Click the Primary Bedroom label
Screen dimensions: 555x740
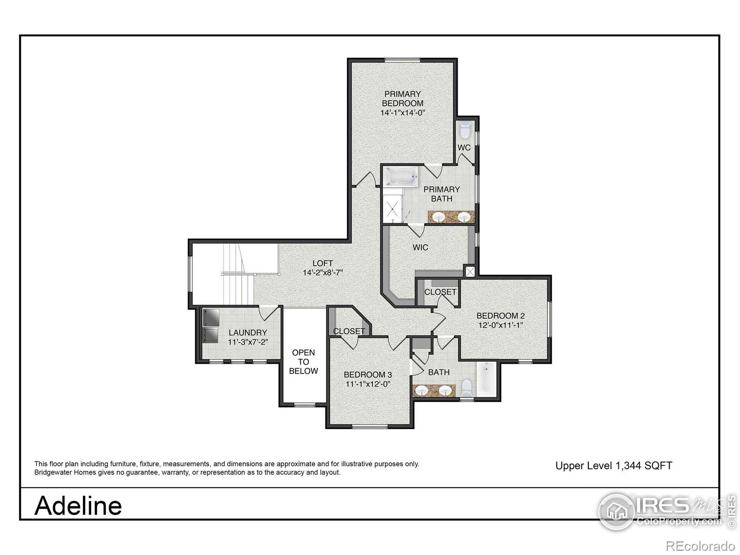(402, 99)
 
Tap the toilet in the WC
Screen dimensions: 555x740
(464, 129)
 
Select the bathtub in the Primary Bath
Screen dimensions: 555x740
(400, 177)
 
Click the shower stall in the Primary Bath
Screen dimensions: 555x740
(394, 209)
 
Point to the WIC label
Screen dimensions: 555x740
(420, 247)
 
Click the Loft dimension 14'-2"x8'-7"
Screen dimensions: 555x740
(322, 273)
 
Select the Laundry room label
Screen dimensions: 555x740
(247, 333)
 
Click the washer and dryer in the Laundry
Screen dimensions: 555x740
(210, 326)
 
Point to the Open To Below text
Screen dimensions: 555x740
(303, 362)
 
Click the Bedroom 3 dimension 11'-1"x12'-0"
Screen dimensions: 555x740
(368, 384)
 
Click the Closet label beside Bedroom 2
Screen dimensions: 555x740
(440, 292)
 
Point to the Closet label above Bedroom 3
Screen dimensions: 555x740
(349, 331)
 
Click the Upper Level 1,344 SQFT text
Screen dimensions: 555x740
(613, 466)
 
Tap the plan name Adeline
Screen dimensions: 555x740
(78, 505)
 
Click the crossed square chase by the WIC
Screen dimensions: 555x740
(470, 271)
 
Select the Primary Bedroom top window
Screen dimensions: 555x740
(402, 60)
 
